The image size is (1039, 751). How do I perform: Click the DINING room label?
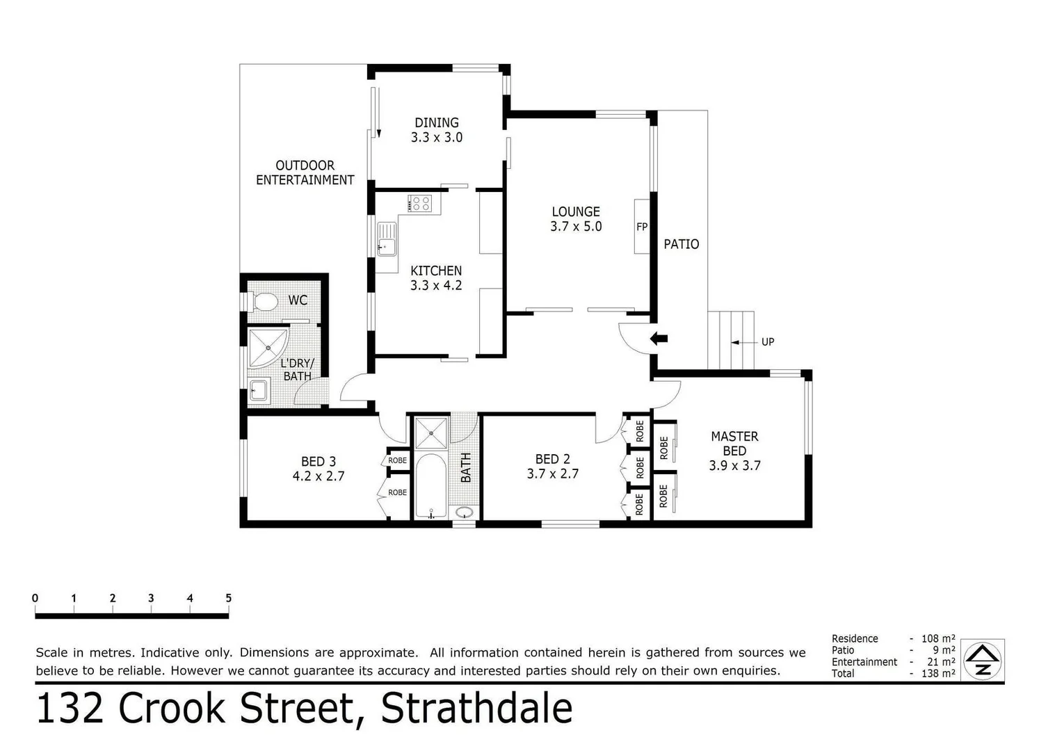click(x=436, y=123)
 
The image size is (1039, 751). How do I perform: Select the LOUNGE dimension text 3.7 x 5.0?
click(x=575, y=227)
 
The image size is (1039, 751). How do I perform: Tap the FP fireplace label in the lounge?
click(x=641, y=227)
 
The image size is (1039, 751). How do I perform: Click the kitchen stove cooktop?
click(x=420, y=203)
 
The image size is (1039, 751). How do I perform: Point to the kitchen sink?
click(x=386, y=240)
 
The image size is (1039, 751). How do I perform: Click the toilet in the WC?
click(x=263, y=302)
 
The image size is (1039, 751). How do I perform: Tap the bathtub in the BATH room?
click(x=431, y=486)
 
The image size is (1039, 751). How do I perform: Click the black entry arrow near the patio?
click(x=658, y=339)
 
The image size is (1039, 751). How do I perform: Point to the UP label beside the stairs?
click(x=767, y=342)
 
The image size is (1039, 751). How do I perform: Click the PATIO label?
click(x=681, y=245)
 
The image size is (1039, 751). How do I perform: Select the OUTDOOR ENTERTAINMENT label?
click(x=305, y=172)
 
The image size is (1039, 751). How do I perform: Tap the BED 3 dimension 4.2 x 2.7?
click(x=318, y=477)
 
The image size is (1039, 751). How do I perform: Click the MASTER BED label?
click(x=734, y=443)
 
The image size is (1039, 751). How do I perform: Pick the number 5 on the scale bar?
click(x=228, y=598)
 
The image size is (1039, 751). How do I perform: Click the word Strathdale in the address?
click(x=476, y=709)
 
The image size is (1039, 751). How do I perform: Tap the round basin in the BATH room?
click(x=464, y=512)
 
